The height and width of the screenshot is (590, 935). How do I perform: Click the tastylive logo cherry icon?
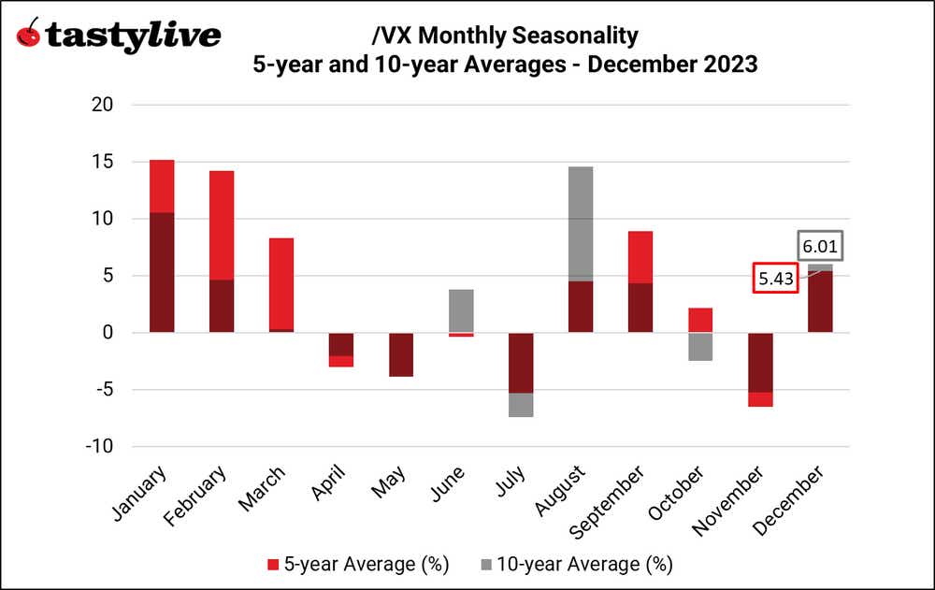(30, 35)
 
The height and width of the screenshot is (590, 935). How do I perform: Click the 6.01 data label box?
(820, 248)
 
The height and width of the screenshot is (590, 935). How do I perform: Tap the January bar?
(162, 246)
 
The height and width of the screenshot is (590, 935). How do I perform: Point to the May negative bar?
(374, 354)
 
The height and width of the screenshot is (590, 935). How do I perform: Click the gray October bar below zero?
(700, 347)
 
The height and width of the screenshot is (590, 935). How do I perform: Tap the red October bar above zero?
(700, 320)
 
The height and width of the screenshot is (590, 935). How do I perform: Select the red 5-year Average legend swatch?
(272, 564)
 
